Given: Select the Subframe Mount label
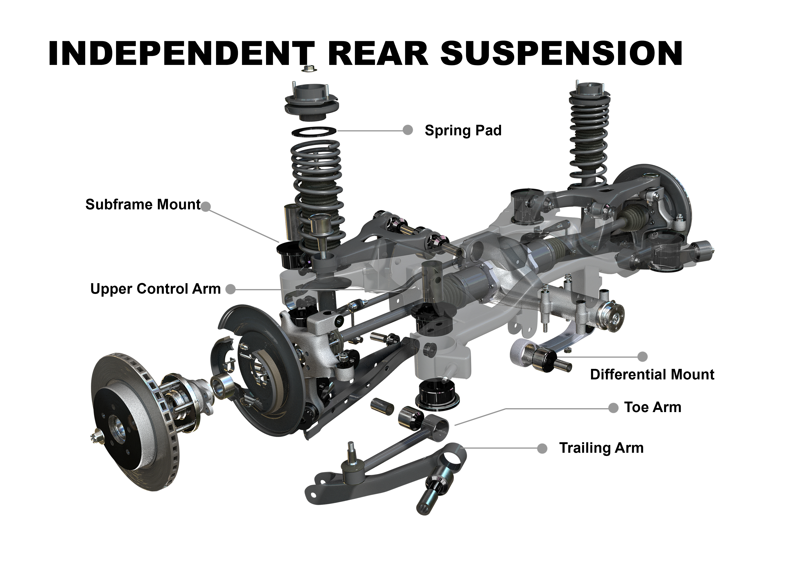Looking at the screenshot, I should [x=143, y=204].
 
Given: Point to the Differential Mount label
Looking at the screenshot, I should [x=652, y=375].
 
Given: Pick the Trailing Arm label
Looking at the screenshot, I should [x=601, y=448].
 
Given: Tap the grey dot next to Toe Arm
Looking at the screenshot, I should [x=613, y=408].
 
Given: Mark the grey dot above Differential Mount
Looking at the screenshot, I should [x=642, y=357].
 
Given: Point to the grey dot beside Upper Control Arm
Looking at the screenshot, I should [x=230, y=289].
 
